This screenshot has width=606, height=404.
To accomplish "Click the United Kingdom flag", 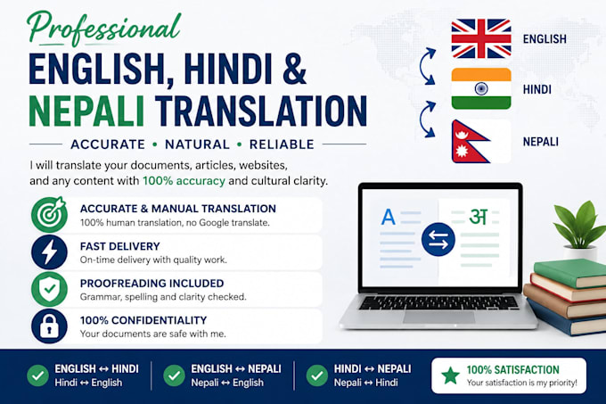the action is tap(481, 38).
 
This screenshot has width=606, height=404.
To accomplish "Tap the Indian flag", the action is tap(481, 88).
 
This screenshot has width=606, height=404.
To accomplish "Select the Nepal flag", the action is tap(470, 142).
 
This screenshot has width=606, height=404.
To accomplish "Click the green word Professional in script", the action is tap(103, 29).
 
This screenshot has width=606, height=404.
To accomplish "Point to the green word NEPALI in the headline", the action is tap(86, 111).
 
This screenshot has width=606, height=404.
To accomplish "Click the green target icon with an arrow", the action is tap(50, 215).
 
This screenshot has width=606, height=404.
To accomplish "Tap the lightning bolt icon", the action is tap(50, 252).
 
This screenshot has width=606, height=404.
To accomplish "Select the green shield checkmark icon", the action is tap(50, 289).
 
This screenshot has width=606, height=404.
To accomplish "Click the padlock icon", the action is tap(50, 326).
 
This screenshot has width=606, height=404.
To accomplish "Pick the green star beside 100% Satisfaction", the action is tap(451, 375).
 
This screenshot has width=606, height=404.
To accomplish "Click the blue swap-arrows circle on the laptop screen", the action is tap(438, 239).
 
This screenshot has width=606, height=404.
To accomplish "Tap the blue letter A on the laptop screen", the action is tap(388, 217).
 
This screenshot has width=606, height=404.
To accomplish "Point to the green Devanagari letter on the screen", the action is tap(479, 217).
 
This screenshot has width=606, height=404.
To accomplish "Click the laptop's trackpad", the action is tap(438, 317).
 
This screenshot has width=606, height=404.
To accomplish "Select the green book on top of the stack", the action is tap(570, 273).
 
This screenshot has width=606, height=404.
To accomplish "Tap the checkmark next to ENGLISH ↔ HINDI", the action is tap(37, 375).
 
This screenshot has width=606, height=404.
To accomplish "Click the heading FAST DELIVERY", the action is tap(119, 246).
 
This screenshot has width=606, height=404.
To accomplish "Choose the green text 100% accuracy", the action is tap(184, 181).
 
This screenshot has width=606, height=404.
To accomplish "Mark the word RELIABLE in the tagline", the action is tap(282, 144).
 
